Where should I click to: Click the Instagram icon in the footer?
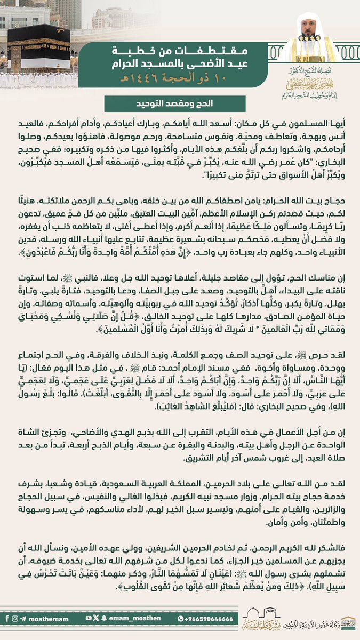(x=15, y=618)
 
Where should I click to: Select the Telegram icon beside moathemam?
(x=24, y=618)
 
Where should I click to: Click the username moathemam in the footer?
(x=48, y=618)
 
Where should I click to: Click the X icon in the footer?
(x=97, y=618)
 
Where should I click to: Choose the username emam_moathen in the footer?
(x=125, y=618)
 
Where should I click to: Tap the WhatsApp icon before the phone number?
(x=179, y=618)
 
